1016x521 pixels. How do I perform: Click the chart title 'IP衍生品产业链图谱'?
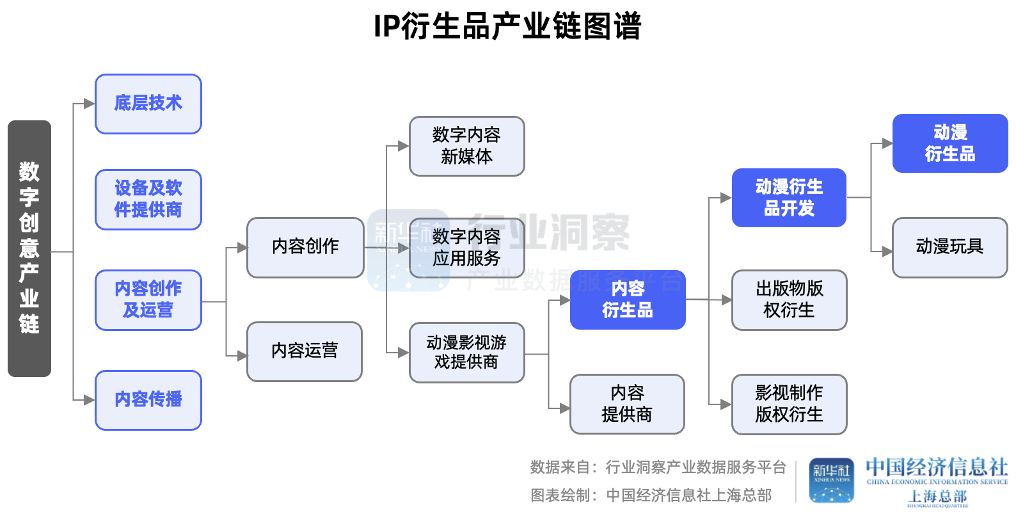[x=507, y=27]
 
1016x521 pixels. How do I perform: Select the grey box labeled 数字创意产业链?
[x=29, y=248]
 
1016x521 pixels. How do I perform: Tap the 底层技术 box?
[x=148, y=104]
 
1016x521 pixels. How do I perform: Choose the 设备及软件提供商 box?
[x=148, y=199]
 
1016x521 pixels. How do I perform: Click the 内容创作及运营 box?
[x=148, y=300]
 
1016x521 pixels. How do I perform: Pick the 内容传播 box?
[x=148, y=400]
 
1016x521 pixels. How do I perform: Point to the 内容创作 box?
[x=305, y=247]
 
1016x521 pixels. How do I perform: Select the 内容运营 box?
[x=305, y=351]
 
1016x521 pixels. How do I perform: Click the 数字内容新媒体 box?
[x=466, y=146]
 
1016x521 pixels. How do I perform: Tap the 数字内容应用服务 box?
[x=466, y=248]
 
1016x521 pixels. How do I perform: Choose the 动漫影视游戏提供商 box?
[x=466, y=353]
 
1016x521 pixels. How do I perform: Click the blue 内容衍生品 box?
[x=628, y=300]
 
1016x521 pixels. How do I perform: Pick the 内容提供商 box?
[x=627, y=404]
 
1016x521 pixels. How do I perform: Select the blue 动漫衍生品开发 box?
[x=789, y=198]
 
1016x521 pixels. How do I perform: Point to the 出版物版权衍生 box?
[x=789, y=300]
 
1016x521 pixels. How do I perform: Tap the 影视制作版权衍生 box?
[x=789, y=404]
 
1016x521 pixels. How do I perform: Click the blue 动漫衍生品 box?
[x=950, y=143]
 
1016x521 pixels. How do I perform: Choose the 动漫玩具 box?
[x=949, y=247]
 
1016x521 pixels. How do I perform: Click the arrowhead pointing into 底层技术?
[x=89, y=104]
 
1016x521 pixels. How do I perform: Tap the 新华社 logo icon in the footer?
[x=831, y=480]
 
